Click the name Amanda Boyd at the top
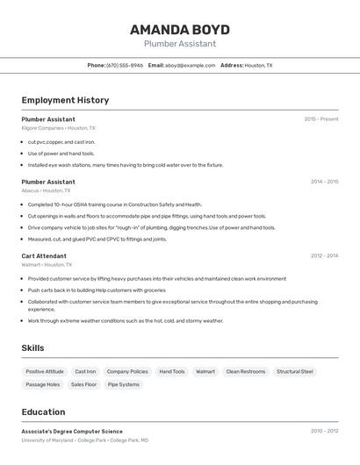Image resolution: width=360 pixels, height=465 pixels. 180,29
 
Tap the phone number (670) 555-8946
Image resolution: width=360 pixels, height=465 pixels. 124,65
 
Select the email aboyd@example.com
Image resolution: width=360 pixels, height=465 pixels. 191,65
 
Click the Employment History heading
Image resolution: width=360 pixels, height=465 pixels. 65,100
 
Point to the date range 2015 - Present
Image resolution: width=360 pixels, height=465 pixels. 320,119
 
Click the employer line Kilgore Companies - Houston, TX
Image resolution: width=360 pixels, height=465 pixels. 59,128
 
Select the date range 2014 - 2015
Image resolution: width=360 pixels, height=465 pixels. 324,182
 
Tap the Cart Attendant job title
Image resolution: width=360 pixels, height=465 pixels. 44,255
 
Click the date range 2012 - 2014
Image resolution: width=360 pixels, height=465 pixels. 324,255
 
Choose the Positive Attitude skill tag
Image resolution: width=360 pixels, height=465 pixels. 45,371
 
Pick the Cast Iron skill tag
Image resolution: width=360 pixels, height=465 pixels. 85,371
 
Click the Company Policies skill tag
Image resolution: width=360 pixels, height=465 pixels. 127,371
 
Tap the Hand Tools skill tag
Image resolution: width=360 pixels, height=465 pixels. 172,371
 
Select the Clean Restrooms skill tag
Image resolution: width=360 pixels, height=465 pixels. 245,371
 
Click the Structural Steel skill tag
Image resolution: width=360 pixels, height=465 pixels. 294,371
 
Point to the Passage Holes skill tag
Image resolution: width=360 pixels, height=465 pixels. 43,384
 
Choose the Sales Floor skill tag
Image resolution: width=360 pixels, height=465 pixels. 84,384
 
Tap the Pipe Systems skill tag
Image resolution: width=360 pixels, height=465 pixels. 124,384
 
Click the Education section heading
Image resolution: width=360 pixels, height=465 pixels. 43,411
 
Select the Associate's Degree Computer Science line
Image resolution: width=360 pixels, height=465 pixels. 72,432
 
